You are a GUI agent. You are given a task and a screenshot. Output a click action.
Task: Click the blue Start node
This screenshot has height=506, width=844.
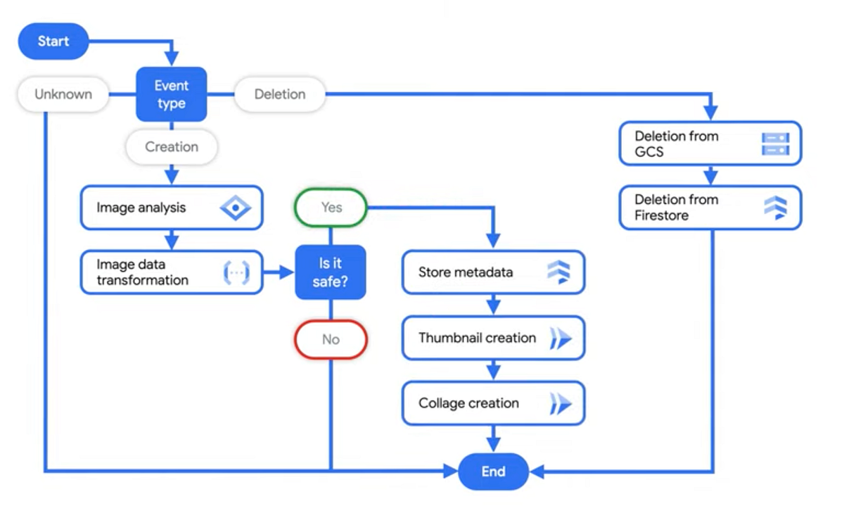[x=53, y=42]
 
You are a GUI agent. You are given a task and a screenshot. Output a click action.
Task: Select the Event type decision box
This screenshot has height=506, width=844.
[x=172, y=94]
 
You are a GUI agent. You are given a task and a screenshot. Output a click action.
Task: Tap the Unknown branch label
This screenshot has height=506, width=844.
[x=63, y=94]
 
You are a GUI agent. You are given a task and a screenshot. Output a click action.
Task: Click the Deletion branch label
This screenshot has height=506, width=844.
[x=280, y=94]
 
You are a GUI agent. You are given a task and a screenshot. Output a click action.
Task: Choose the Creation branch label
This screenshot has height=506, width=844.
[x=172, y=147]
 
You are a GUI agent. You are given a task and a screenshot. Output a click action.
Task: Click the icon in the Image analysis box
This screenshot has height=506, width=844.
[x=235, y=208]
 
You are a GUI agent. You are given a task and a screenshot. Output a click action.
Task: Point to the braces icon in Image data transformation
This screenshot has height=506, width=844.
[x=236, y=272]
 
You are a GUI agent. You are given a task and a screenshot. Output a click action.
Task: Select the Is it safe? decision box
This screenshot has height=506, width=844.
[x=331, y=272]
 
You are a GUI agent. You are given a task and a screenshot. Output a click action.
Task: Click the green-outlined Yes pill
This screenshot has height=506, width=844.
[x=331, y=208]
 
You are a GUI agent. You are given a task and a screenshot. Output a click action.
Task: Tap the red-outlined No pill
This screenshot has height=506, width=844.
[x=331, y=339]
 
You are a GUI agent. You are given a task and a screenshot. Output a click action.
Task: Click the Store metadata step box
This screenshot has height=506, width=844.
[x=493, y=272]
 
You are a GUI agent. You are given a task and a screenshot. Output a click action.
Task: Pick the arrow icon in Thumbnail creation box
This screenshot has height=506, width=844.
[x=561, y=339]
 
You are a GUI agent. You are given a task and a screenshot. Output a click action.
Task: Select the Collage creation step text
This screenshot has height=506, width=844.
[x=468, y=403]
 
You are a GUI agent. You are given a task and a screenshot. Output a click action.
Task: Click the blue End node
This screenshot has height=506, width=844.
[x=493, y=472]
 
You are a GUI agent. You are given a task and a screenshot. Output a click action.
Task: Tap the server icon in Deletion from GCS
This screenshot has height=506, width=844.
[x=776, y=144]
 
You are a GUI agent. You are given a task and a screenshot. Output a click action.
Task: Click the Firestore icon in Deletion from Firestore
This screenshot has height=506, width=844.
[x=776, y=208]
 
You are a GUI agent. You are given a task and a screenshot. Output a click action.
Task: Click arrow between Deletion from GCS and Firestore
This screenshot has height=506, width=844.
[x=710, y=175]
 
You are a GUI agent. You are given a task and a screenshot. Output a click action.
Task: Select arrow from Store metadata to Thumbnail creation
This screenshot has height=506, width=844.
[x=493, y=305]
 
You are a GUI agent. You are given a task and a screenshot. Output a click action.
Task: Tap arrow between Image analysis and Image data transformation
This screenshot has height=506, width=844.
[x=172, y=241]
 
